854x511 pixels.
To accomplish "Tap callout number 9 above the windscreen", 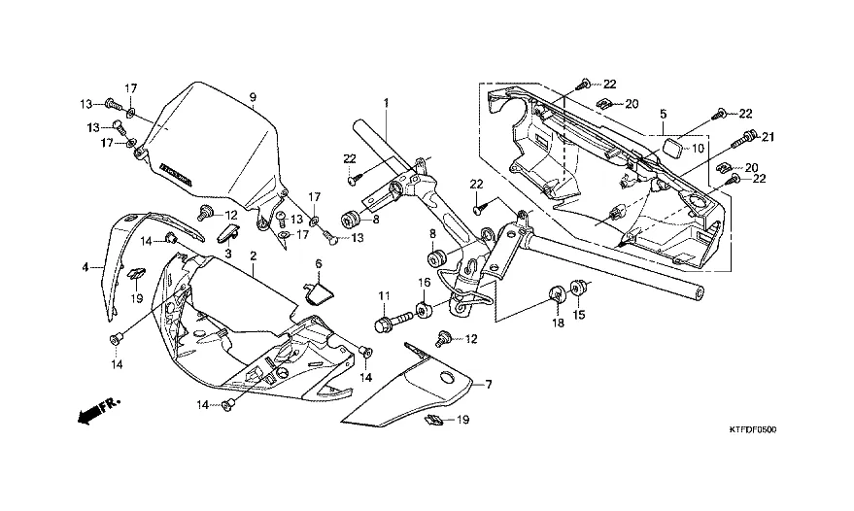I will (252, 97).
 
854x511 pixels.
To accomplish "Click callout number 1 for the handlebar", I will (385, 103).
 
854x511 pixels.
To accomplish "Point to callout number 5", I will (662, 113).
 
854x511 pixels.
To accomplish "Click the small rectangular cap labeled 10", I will (668, 148).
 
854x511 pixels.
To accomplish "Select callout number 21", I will (766, 137).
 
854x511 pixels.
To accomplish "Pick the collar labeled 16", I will (423, 311).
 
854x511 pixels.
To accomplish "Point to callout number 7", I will (488, 385).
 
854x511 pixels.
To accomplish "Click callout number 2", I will (253, 255).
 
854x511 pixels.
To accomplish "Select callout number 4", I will (85, 266).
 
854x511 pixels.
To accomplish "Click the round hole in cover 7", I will (448, 378).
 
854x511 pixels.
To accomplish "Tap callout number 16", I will (423, 283).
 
